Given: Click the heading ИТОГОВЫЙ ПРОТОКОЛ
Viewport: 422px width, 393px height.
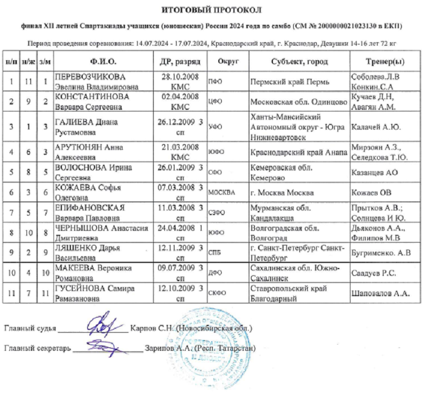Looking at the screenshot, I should click(211, 10).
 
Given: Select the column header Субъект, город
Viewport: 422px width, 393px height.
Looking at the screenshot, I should click(299, 61).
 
